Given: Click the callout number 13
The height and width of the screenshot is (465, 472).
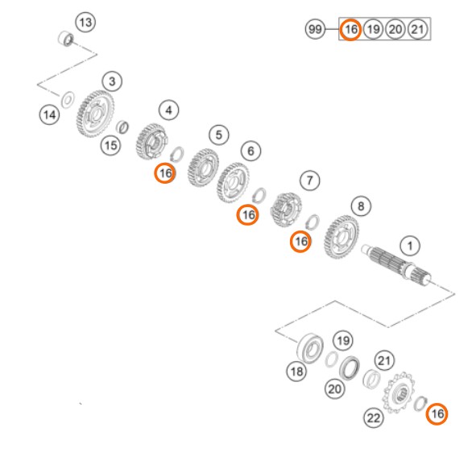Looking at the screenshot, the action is (85, 23).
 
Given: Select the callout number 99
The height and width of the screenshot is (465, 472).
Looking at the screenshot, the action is (315, 29).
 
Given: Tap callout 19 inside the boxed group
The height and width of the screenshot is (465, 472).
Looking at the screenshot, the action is (373, 29).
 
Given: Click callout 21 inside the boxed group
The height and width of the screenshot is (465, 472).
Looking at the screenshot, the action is (417, 29).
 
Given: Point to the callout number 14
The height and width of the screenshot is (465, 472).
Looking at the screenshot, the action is (50, 114).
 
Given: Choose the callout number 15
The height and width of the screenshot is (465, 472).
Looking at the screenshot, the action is (110, 145).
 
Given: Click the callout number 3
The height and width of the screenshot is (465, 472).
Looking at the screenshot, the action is (112, 81).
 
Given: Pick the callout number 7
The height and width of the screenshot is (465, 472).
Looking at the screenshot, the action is (310, 181).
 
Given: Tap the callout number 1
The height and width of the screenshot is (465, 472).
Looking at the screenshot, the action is (410, 246).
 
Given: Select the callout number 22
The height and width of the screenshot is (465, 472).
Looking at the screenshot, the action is (374, 417).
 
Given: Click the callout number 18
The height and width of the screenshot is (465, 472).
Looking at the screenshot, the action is (296, 371).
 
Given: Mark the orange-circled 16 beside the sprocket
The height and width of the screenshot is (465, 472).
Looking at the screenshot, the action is (437, 413).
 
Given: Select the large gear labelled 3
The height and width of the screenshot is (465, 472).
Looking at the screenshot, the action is (95, 114).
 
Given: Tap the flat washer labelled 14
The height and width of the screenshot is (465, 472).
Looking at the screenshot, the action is (68, 99).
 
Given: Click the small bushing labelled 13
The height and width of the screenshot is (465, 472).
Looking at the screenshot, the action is (65, 39).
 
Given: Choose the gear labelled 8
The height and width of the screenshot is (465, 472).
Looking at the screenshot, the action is (342, 237).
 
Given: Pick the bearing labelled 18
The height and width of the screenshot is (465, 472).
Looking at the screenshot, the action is (310, 348).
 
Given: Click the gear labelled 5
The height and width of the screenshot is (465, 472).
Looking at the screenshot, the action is (203, 168).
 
